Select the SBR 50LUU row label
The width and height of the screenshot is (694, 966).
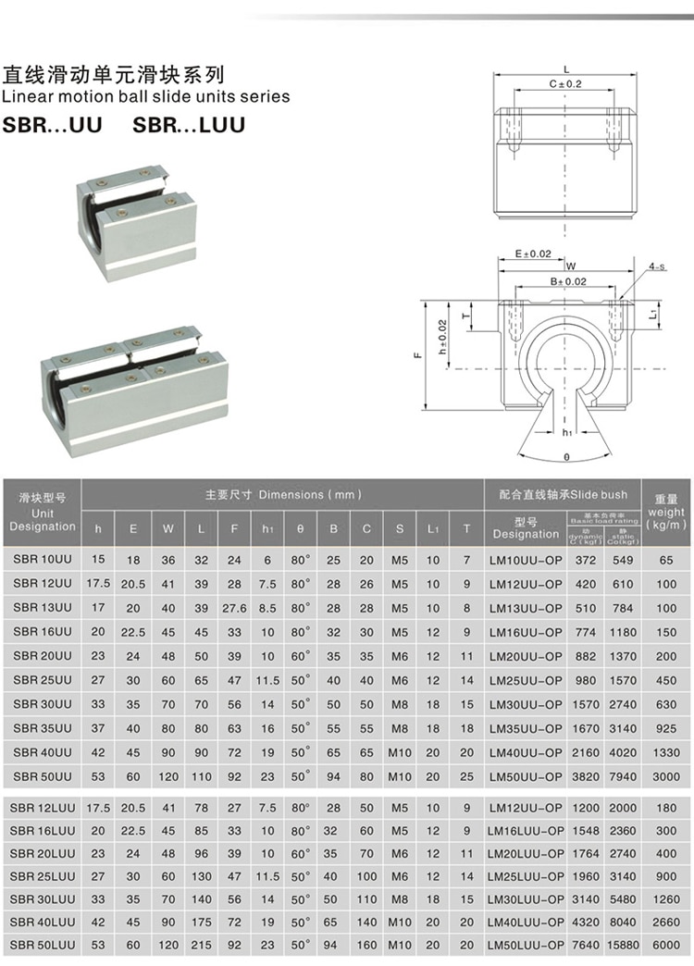[x=43, y=946]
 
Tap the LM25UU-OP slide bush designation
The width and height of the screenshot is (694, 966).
[x=525, y=680]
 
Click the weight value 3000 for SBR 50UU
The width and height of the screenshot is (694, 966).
[x=666, y=776]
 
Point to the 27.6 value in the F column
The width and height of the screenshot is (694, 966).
[x=234, y=608]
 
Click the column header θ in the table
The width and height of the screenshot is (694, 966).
[x=300, y=529]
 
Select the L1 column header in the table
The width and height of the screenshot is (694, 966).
[x=433, y=529]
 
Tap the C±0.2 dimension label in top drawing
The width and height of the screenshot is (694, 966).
[x=565, y=84]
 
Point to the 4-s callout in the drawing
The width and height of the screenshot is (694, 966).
[x=657, y=266]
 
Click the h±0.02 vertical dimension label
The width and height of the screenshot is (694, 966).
[x=443, y=337]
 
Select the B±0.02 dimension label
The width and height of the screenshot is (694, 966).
[x=567, y=281]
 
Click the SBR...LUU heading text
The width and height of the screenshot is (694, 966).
[x=190, y=124]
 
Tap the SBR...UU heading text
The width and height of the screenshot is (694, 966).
[x=53, y=124]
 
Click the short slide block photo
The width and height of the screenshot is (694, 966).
[x=136, y=220]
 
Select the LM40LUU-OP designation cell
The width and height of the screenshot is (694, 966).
[x=525, y=922]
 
